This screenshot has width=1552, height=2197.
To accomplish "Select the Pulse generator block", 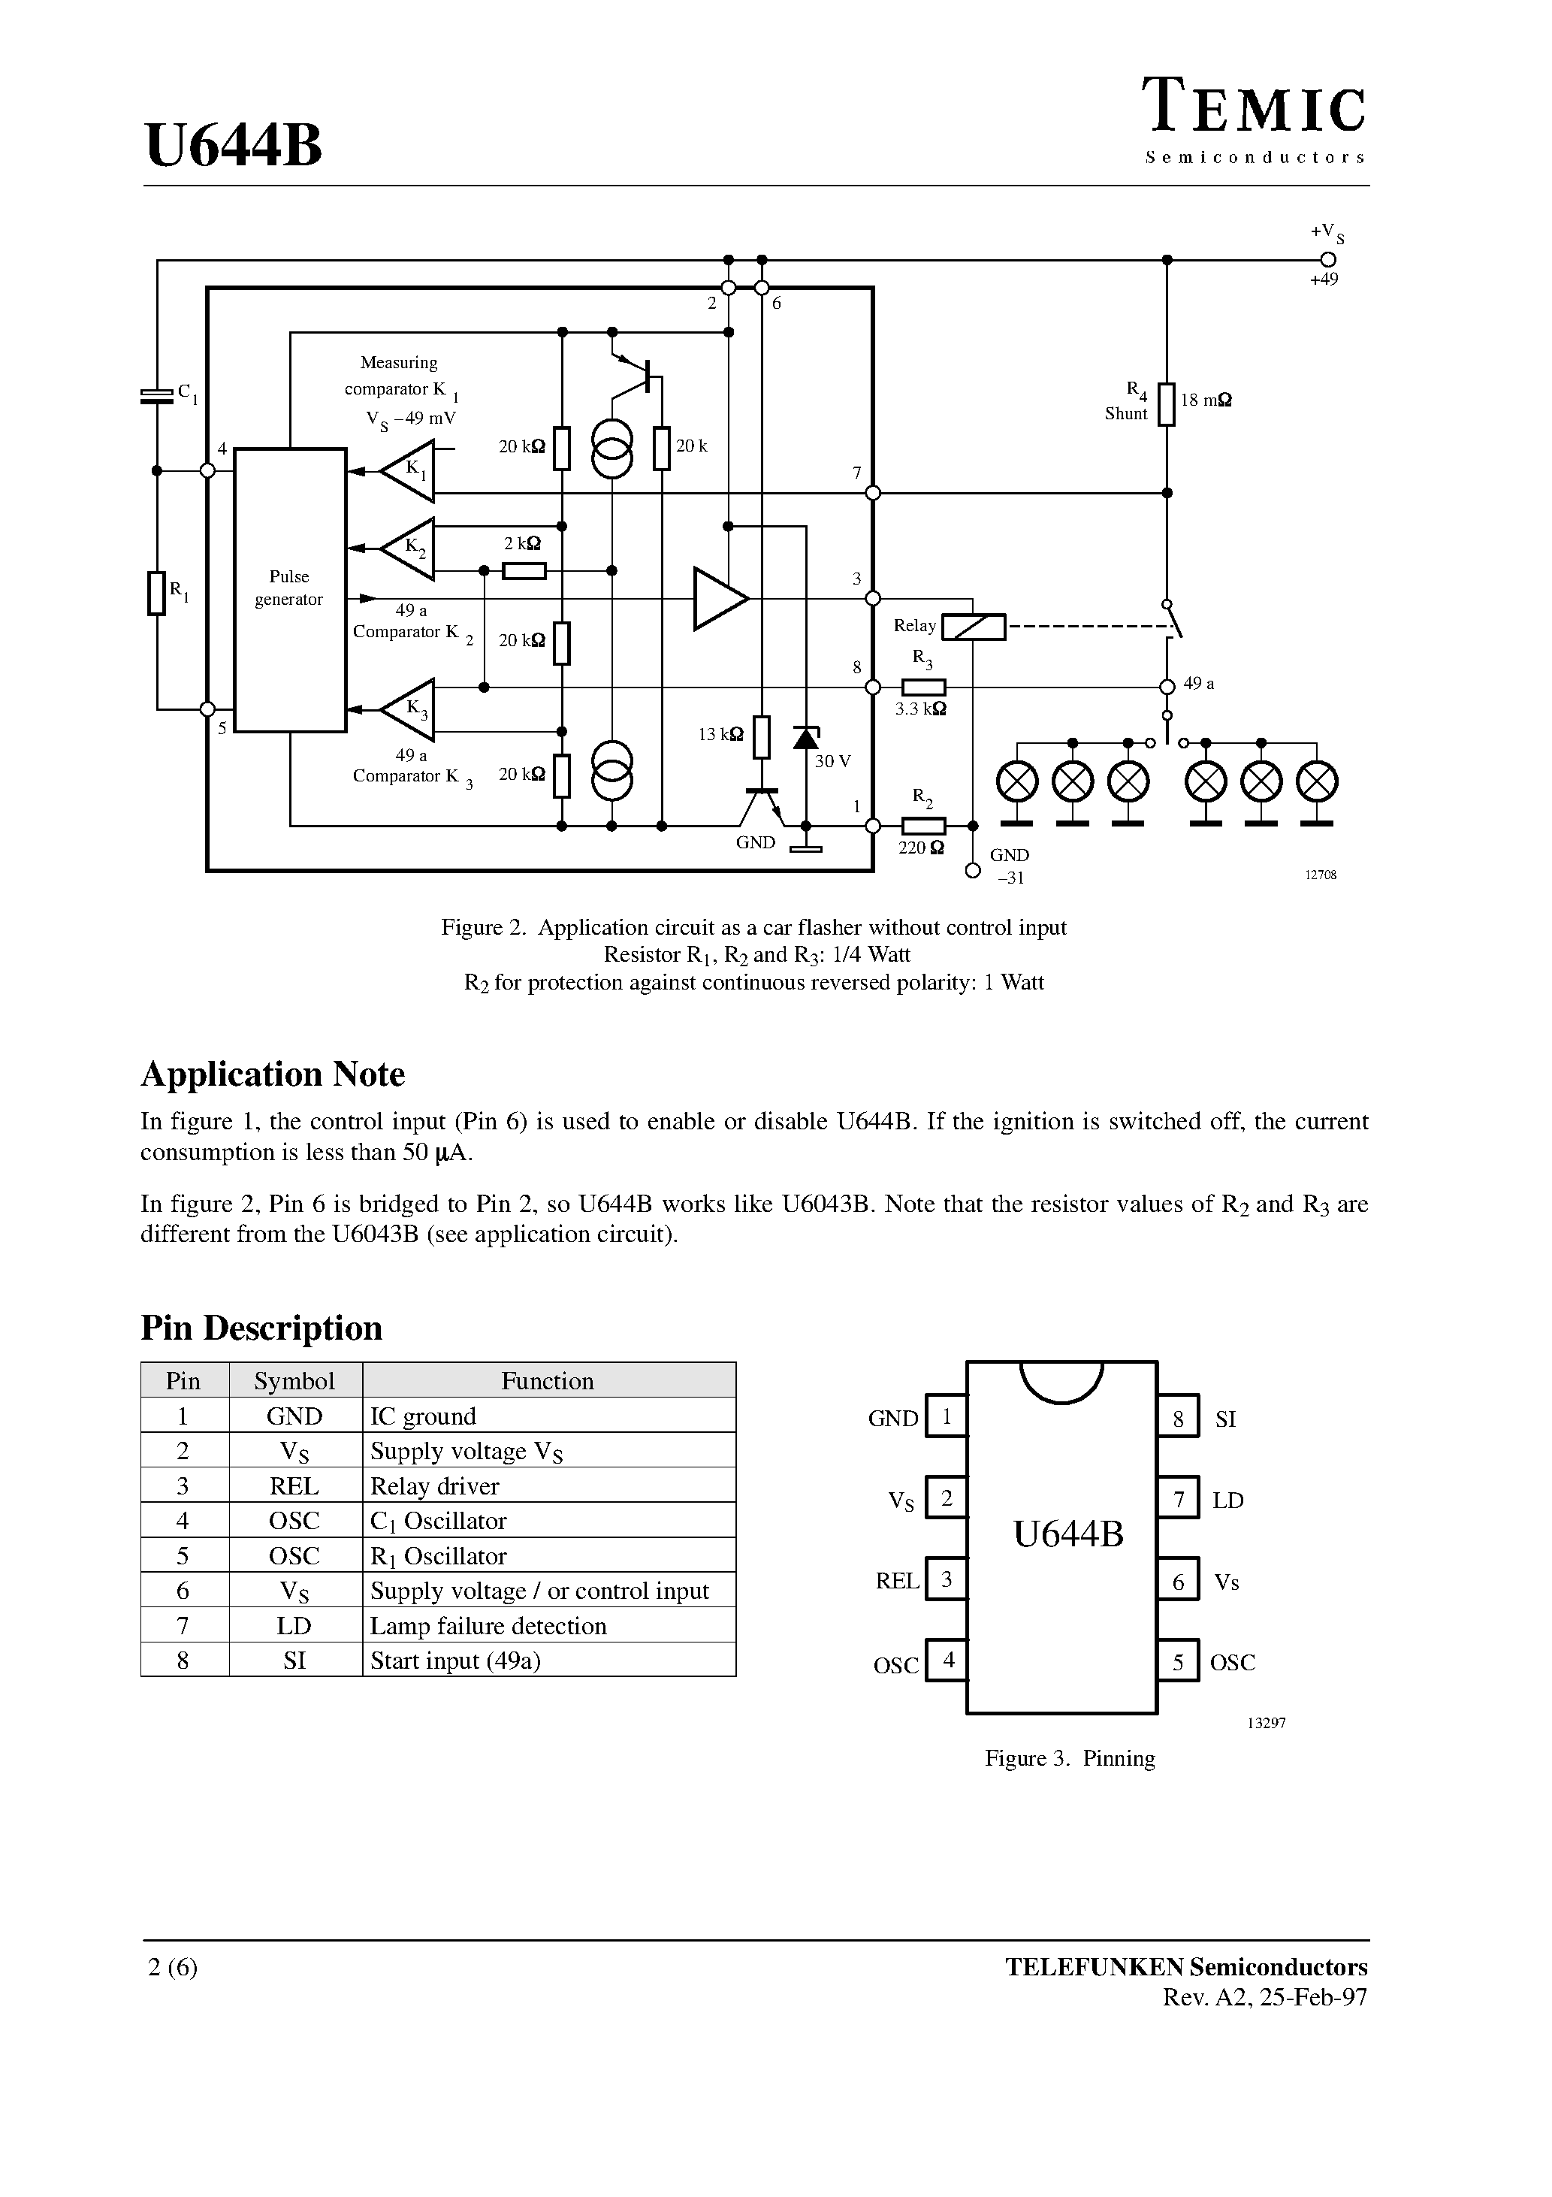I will coord(290,588).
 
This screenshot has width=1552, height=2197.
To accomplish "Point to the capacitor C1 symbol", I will coord(157,395).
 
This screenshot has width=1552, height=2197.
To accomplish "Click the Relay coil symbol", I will coord(974,627).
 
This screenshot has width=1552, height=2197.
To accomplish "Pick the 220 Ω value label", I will coord(920,848).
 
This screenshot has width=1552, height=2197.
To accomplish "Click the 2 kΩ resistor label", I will coord(521,543).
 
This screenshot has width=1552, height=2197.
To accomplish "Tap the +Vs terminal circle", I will coord(1327,259).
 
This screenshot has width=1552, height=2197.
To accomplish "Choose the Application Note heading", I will coord(273,1074).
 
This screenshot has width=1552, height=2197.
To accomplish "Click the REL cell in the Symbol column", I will coord(294,1486).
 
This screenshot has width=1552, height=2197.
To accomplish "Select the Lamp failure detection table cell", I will coord(488,1626).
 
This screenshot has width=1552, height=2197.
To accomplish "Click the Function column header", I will coord(548,1381).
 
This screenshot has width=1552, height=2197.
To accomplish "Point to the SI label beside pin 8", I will coord(1226,1420).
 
